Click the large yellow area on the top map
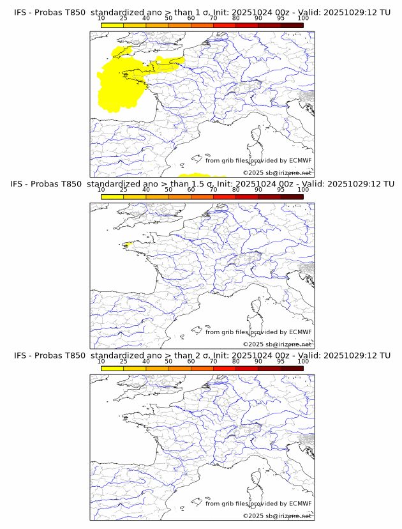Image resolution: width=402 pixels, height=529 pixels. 121,80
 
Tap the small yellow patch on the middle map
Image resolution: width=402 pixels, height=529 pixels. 126,244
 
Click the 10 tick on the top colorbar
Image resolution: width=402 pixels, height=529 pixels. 101,19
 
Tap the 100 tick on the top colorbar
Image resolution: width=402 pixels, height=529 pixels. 303,19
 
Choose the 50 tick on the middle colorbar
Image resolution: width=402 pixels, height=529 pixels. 168,190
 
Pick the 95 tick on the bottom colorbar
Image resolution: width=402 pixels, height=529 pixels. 281,361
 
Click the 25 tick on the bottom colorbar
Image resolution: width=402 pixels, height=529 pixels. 124,361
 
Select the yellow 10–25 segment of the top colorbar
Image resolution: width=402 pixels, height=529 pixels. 112,25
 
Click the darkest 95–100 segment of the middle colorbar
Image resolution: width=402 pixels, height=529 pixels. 292,197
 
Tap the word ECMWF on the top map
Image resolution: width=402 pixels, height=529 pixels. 301,160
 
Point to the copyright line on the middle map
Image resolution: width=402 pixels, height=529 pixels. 277,344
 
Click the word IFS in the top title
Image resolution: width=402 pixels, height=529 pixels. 20,13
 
